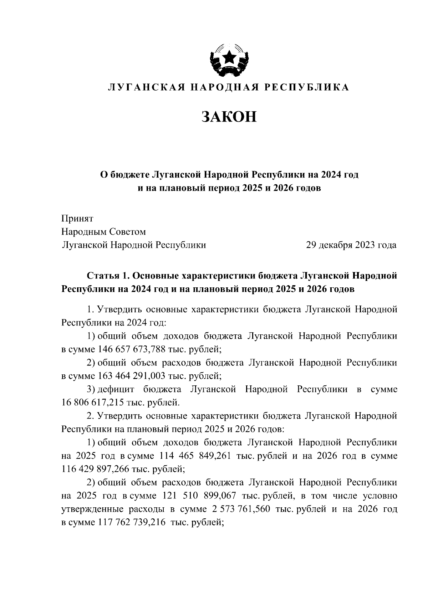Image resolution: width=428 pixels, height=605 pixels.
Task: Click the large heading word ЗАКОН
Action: point(229,117)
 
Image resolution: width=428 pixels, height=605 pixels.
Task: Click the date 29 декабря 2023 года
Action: point(351,245)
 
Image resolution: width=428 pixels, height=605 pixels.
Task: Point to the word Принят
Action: point(77,219)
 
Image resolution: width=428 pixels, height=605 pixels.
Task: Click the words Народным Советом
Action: point(104,232)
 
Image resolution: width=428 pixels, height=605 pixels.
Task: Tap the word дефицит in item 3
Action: point(116,389)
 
